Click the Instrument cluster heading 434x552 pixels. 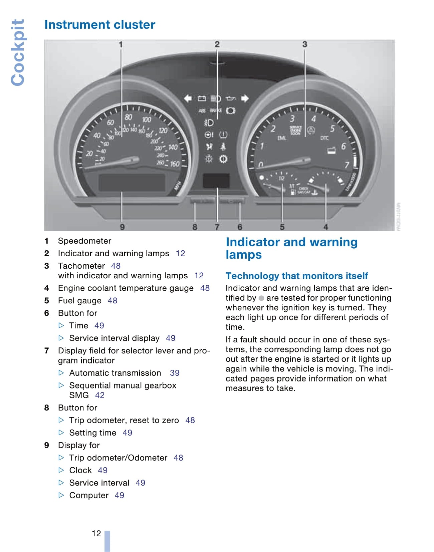tap(99, 25)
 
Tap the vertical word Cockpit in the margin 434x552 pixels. tap(18, 52)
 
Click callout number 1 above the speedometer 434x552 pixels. tap(121, 44)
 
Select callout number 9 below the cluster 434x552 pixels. tap(122, 227)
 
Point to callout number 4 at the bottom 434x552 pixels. tap(325, 227)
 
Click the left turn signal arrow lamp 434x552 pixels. tap(188, 98)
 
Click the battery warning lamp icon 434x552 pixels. tap(202, 98)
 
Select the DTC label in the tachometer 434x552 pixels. tap(324, 138)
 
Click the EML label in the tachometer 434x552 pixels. tap(281, 138)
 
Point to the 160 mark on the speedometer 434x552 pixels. tap(175, 164)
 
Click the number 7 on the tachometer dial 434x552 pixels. tap(346, 165)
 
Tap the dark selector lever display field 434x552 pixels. tap(216, 181)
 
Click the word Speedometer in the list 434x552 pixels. tap(84, 241)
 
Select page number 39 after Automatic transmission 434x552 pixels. tap(175, 373)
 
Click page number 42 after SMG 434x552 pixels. tap(100, 395)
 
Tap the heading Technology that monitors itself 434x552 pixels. tap(296, 276)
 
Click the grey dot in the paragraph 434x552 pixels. tap(261, 298)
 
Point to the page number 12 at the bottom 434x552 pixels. tap(96, 533)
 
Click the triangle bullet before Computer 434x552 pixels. tap(61, 495)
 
